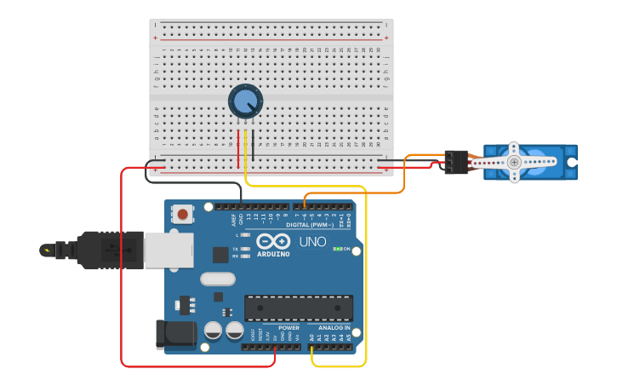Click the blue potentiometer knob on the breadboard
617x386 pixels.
pos(245,101)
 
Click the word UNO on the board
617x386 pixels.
pos(312,242)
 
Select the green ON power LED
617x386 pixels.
pos(337,249)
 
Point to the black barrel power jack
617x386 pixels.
pos(174,334)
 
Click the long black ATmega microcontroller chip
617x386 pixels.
pos(299,308)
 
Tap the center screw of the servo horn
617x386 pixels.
pos(513,162)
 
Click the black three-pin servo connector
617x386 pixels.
pos(456,162)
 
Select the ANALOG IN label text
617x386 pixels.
pos(334,328)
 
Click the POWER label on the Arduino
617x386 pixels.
pos(289,328)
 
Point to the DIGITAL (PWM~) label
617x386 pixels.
pos(310,225)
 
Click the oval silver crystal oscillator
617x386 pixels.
pos(218,279)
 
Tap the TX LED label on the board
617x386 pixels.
pos(235,248)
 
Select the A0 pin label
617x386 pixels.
pos(311,338)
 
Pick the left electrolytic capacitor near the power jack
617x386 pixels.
pos(213,330)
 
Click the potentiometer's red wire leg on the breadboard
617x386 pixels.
pos(238,147)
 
